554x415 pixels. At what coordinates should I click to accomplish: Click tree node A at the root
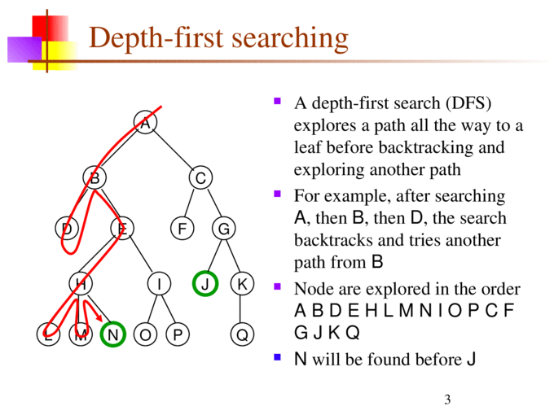(x=144, y=124)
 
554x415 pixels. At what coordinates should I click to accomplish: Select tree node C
(x=200, y=177)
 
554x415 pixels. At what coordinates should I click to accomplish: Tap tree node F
(x=182, y=229)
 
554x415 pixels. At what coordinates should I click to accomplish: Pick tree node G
(x=223, y=229)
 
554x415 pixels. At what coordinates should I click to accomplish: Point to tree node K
(x=241, y=283)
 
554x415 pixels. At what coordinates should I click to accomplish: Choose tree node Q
(x=241, y=334)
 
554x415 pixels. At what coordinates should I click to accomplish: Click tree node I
(x=160, y=283)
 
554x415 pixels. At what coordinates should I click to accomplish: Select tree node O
(x=144, y=334)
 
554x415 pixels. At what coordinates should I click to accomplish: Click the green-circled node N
(x=112, y=334)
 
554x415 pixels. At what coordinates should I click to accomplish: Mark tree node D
(x=68, y=229)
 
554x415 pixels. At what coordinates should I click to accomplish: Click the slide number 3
(x=447, y=399)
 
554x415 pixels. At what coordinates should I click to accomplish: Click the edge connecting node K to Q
(x=241, y=309)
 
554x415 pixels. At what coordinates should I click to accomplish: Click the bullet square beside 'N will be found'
(x=278, y=356)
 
